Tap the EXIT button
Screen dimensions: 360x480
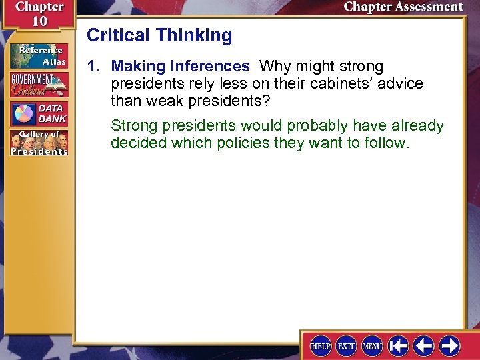pyautogui.click(x=346, y=345)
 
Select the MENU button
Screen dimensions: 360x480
pyautogui.click(x=372, y=345)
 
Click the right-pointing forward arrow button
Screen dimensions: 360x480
pyautogui.click(x=450, y=345)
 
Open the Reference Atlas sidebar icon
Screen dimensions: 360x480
pyautogui.click(x=39, y=55)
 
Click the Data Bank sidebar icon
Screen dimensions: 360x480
pyautogui.click(x=39, y=113)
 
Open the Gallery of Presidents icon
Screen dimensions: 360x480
pyautogui.click(x=39, y=143)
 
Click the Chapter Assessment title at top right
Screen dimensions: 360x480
pyautogui.click(x=403, y=7)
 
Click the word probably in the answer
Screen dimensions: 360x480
pyautogui.click(x=317, y=125)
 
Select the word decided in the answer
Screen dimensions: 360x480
pyautogui.click(x=136, y=143)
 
